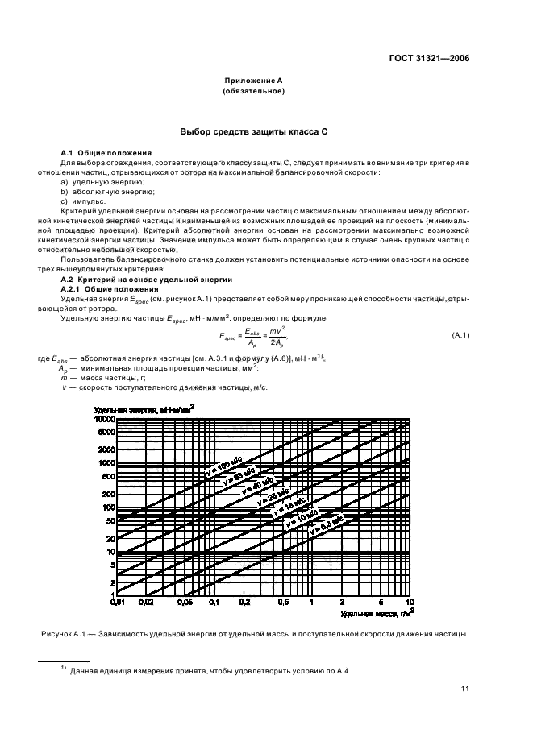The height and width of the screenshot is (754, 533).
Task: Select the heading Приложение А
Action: click(x=252, y=81)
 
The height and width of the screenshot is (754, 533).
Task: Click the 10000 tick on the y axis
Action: click(x=103, y=419)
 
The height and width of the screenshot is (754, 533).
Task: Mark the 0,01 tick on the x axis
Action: click(x=118, y=601)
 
